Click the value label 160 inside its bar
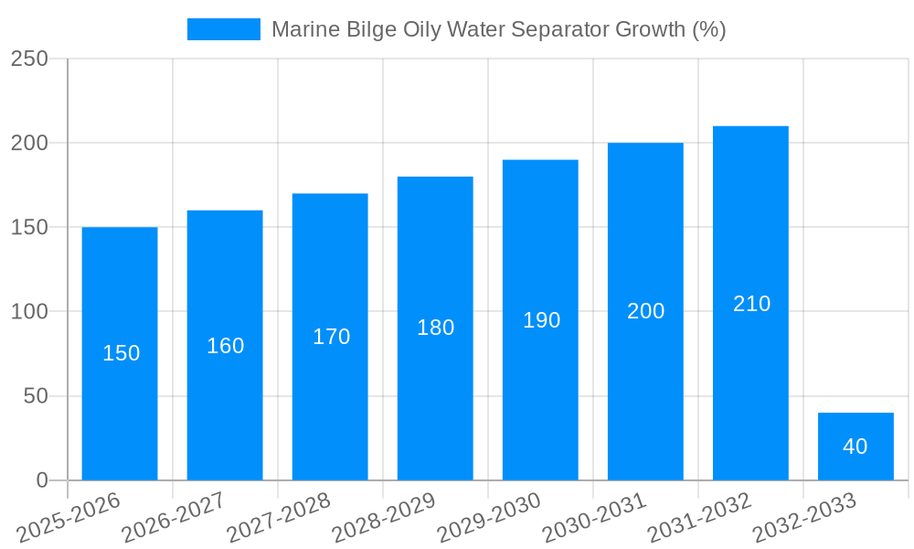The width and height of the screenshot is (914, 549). (x=225, y=346)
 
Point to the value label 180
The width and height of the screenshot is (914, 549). (x=435, y=328)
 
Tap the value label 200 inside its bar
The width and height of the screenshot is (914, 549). (x=645, y=311)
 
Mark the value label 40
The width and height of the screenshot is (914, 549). (x=856, y=447)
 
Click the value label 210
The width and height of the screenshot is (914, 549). (x=751, y=304)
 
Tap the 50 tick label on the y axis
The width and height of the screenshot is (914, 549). (x=36, y=396)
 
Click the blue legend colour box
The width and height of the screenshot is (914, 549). (x=224, y=29)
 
